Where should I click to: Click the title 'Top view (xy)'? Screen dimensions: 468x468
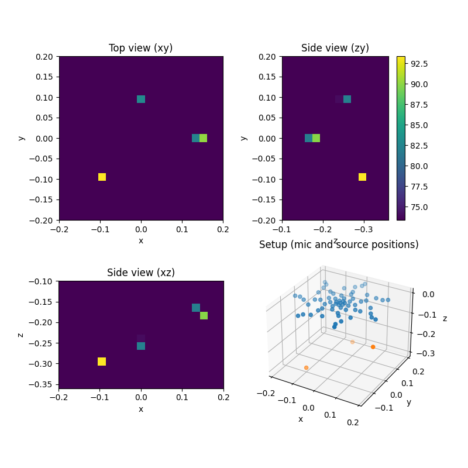(140, 48)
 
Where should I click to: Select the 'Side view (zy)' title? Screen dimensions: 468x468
(335, 48)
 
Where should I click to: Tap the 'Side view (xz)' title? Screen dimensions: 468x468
(140, 273)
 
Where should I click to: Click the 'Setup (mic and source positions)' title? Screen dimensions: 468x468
(339, 245)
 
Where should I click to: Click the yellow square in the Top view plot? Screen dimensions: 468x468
(102, 177)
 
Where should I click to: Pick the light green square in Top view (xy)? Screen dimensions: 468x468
(203, 138)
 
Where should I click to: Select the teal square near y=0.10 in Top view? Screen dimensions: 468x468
(141, 99)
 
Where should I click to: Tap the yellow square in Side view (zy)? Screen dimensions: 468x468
(362, 177)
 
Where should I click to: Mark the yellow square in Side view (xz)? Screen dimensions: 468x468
(102, 362)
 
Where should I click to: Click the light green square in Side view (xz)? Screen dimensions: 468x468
(204, 316)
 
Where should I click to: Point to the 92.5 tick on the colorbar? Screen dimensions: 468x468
(419, 63)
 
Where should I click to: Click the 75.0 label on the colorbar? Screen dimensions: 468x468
(419, 207)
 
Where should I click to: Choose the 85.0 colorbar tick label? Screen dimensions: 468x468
(419, 125)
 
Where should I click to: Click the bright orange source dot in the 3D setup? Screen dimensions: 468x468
(373, 347)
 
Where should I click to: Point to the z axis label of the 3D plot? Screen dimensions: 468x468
(445, 318)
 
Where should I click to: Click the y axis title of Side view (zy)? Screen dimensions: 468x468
(243, 138)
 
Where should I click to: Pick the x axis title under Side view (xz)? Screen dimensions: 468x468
(140, 409)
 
